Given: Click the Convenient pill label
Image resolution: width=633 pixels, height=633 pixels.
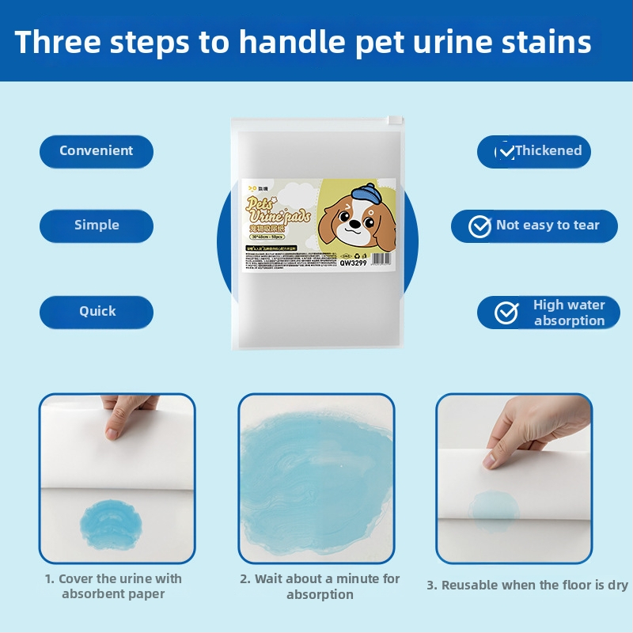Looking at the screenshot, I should tap(96, 150).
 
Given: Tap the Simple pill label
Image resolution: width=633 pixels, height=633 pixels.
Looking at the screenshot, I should tap(96, 225).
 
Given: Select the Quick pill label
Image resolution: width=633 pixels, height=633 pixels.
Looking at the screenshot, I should tap(97, 311).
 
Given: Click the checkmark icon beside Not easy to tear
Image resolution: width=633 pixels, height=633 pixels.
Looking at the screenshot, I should tap(479, 226).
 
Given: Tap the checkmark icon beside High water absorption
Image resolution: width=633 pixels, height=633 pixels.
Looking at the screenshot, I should tap(506, 313).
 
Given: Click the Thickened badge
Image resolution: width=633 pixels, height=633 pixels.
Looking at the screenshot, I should tap(534, 150).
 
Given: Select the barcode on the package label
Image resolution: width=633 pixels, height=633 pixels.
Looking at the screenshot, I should tap(380, 257).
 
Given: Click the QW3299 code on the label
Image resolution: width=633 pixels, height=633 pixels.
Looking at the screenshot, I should tap(353, 263).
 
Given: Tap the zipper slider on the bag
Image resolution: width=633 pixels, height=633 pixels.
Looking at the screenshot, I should tap(389, 121).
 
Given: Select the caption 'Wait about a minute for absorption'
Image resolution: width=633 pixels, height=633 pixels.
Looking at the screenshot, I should tap(320, 586).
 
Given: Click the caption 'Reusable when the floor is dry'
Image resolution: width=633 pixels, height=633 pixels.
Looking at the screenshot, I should tap(527, 585).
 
